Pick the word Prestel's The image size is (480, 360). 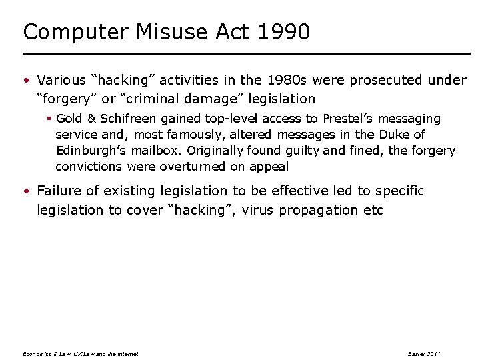tap(350, 119)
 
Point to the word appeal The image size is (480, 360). tap(269, 167)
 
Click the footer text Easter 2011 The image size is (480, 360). tap(423, 354)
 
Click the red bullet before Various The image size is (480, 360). tap(25, 81)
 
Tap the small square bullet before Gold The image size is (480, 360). tap(49, 119)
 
